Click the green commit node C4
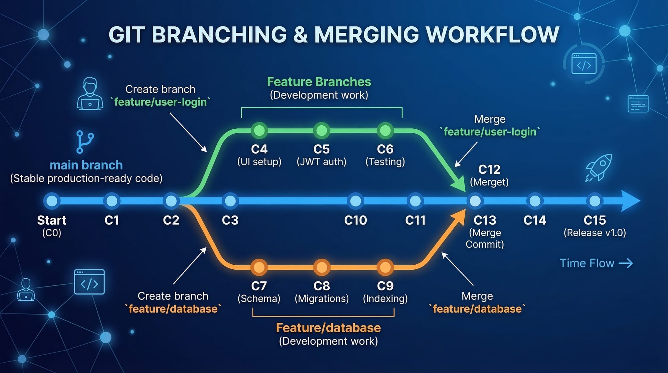[x=259, y=130]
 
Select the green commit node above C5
[x=322, y=130]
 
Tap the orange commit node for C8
[x=322, y=267]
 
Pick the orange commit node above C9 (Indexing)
[x=385, y=267]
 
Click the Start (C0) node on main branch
[x=52, y=201]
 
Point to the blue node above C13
[x=475, y=201]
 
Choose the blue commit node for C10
[x=355, y=201]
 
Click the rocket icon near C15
[x=599, y=168]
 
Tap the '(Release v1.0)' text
[x=595, y=233]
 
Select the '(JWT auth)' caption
[x=321, y=162]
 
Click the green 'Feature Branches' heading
[x=319, y=82]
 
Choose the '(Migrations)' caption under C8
[x=322, y=298]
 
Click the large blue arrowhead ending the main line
[x=630, y=201]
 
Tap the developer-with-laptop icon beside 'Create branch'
[x=90, y=94]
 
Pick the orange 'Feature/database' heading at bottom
[x=328, y=328]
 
